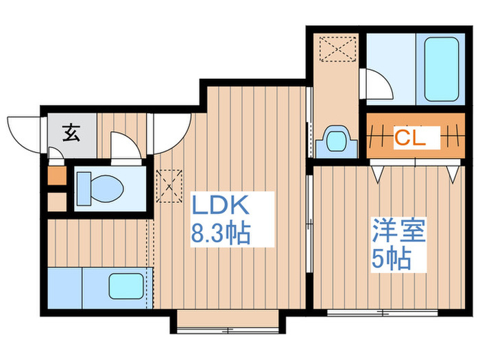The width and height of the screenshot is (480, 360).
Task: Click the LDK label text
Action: click(x=220, y=204)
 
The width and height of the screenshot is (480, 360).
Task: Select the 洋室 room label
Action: click(x=398, y=230)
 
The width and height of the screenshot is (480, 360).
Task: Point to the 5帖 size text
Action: click(x=392, y=259)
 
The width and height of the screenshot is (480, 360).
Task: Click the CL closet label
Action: click(x=410, y=138)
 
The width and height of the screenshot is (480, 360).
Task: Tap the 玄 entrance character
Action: click(x=71, y=133)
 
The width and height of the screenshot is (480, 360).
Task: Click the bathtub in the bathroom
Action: click(x=441, y=69)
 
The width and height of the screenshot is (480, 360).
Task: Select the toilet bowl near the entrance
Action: click(x=100, y=189)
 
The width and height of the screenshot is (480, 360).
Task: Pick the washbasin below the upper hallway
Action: click(x=337, y=142)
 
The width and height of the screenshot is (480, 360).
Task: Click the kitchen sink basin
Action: click(x=126, y=286)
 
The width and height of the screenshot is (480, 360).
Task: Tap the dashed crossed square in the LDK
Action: click(x=169, y=186)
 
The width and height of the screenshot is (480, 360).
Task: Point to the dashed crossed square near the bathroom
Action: click(x=337, y=49)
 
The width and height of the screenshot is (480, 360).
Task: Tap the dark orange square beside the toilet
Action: click(x=57, y=176)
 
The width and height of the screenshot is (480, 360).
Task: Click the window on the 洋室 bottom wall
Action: click(x=383, y=313)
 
